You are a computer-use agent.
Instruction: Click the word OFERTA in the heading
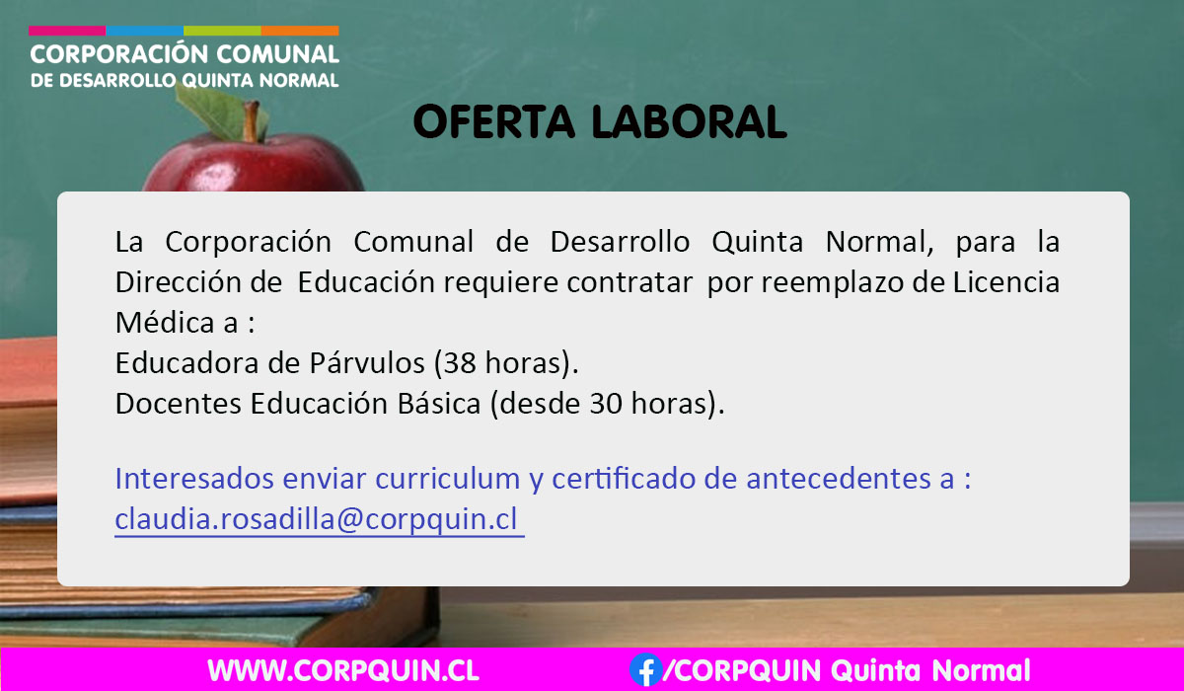pos(493,122)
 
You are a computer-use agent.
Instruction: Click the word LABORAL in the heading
pos(690,122)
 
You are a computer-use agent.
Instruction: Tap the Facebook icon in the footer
pos(646,670)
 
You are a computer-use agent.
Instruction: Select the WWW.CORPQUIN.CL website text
pos(343,670)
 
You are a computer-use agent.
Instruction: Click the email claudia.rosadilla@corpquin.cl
pos(316,519)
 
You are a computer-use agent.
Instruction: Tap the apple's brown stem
pos(251,121)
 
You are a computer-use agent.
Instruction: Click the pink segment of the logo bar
pos(67,31)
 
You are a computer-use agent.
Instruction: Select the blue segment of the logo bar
pos(145,31)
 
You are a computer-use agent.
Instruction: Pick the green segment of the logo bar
pos(223,31)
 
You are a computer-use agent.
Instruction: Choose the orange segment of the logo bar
pos(300,31)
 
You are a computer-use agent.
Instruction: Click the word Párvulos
pos(367,363)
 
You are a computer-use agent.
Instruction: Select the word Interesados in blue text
pos(194,479)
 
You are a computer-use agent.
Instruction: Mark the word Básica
pos(439,404)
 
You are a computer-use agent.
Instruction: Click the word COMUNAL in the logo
pos(277,54)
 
